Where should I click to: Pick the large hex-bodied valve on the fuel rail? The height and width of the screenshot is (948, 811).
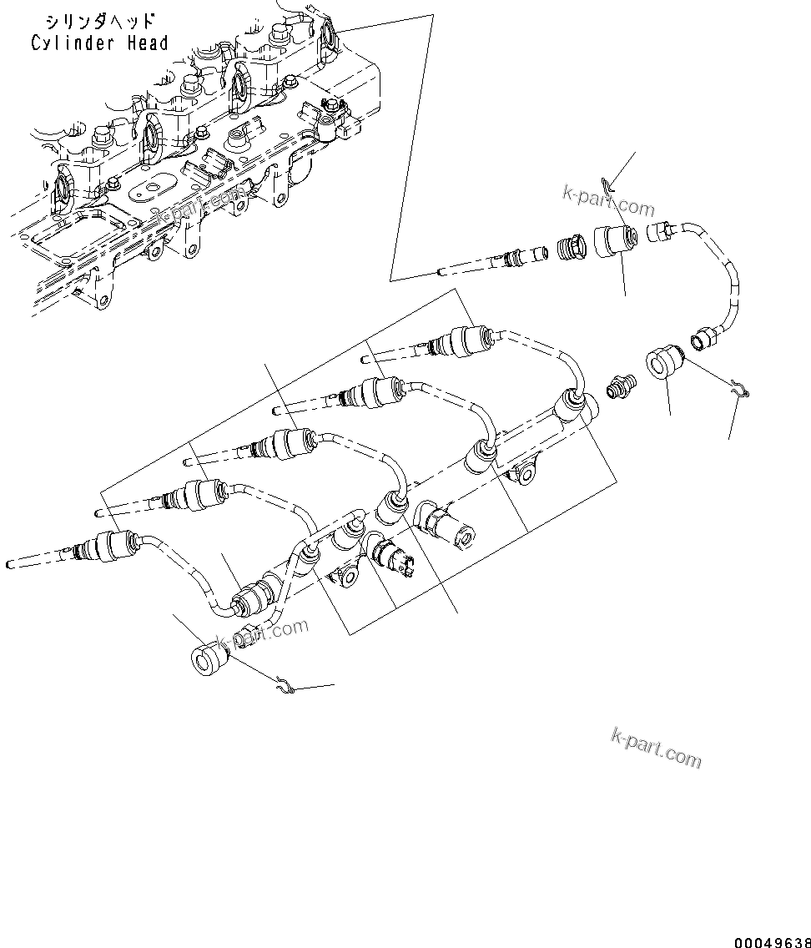[x=446, y=527]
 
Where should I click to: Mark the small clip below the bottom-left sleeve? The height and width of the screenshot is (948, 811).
[x=285, y=687]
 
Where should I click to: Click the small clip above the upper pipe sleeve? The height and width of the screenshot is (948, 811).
[x=607, y=184]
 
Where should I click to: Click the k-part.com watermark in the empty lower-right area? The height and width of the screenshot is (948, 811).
[x=657, y=746]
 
